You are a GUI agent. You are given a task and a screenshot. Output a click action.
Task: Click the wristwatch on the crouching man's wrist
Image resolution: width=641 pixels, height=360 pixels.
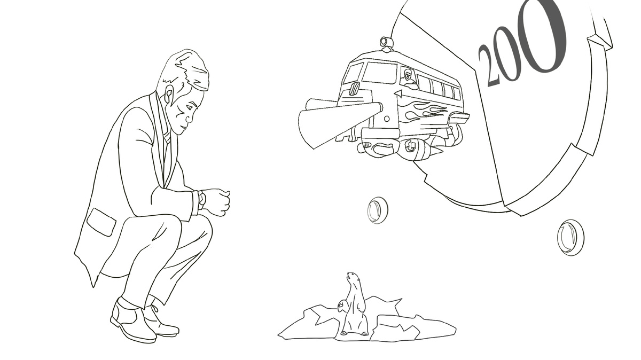tap(202, 198)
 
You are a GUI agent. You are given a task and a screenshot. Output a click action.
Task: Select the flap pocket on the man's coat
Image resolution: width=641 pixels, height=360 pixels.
tap(101, 222)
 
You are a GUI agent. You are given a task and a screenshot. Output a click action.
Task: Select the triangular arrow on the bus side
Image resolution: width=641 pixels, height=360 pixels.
tap(398, 93)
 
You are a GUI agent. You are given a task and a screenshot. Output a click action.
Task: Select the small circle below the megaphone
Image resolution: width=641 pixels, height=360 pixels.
tap(387, 118)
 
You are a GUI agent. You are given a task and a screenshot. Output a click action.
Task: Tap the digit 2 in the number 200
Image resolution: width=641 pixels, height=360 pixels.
tap(488, 66)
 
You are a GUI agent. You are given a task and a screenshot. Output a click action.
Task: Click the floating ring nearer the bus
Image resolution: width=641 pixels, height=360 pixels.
tap(378, 210)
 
